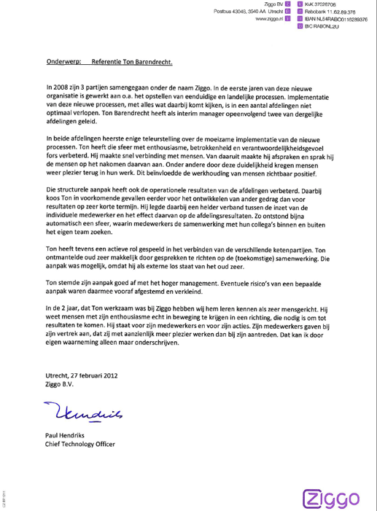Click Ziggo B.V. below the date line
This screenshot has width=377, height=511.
[x=61, y=388]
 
